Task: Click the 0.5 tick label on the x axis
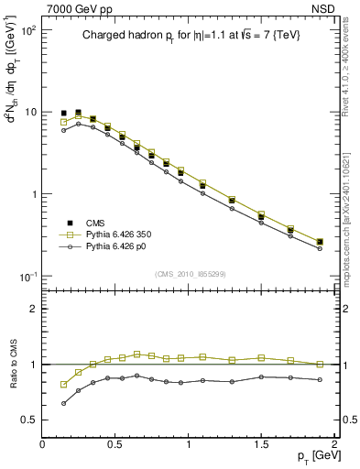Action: (115, 443)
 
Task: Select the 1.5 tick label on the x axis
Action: (261, 443)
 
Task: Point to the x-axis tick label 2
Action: (334, 443)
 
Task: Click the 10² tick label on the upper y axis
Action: (28, 30)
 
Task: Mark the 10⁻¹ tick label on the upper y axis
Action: (27, 277)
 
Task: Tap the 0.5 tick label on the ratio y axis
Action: (29, 420)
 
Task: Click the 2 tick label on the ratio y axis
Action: (34, 309)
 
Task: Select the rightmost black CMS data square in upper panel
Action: (320, 242)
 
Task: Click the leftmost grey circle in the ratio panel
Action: (64, 403)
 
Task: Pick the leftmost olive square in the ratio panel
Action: (64, 385)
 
